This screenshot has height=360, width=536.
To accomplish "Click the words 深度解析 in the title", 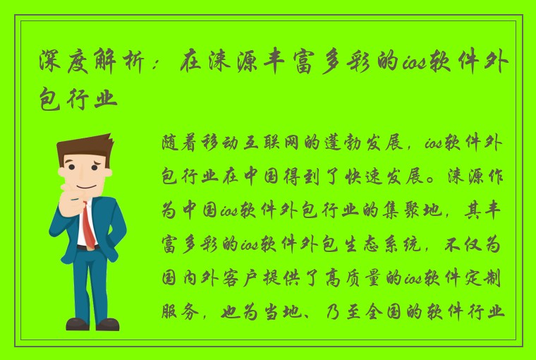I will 92,66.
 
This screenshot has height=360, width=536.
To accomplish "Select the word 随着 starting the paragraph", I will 173,143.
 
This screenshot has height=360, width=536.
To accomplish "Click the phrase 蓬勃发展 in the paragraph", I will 357,143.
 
